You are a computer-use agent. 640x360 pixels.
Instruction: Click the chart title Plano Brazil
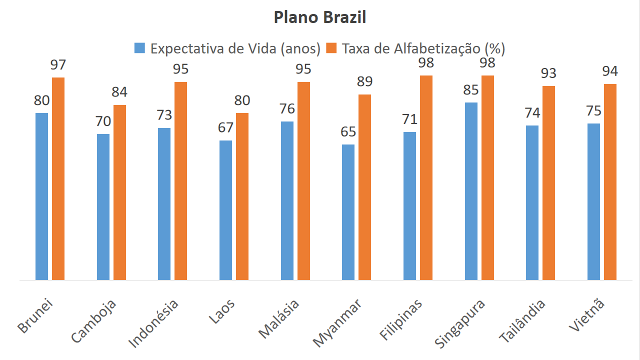pyautogui.click(x=320, y=18)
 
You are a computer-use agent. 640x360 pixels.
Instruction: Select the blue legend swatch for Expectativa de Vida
pyautogui.click(x=139, y=48)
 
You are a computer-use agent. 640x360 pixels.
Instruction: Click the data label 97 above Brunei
pyautogui.click(x=58, y=65)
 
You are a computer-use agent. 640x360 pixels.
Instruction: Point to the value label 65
pyautogui.click(x=348, y=132)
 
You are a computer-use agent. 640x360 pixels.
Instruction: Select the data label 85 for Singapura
pyautogui.click(x=471, y=90)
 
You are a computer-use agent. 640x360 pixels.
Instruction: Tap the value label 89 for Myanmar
pyautogui.click(x=364, y=82)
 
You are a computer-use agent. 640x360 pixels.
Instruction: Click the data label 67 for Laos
pyautogui.click(x=225, y=127)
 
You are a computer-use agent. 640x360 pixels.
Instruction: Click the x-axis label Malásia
pyautogui.click(x=279, y=318)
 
